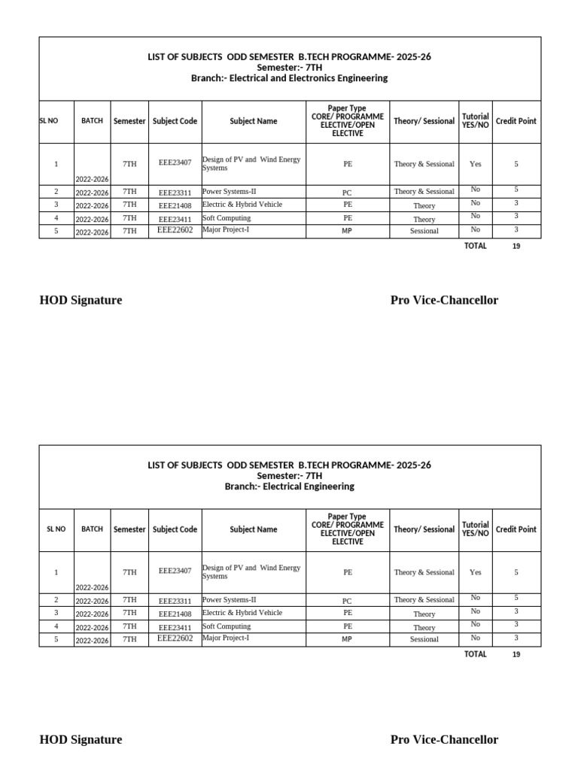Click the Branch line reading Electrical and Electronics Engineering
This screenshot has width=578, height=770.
[289, 78]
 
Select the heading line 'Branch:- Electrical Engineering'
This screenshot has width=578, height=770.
[289, 487]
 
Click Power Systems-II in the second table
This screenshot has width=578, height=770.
[230, 600]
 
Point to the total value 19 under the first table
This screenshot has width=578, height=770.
[516, 246]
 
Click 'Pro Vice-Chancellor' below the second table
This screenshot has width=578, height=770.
[444, 739]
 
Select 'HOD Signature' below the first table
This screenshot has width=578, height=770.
[81, 300]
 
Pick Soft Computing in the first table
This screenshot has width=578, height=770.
[227, 217]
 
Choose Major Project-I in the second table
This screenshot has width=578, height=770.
[226, 638]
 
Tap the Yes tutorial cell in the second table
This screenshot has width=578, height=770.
[476, 572]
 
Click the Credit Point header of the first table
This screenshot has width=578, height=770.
[516, 121]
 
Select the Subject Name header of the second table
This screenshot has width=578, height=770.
[254, 529]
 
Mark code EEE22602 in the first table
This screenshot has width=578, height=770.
[175, 230]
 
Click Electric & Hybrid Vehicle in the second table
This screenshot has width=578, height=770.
[242, 613]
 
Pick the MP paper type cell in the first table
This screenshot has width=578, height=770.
[347, 231]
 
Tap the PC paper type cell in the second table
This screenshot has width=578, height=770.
[347, 601]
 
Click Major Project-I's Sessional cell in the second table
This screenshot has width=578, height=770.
[424, 639]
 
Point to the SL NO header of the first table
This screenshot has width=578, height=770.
[48, 121]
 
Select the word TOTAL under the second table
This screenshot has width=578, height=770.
[476, 654]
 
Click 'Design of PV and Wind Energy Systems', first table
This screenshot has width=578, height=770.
[251, 163]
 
